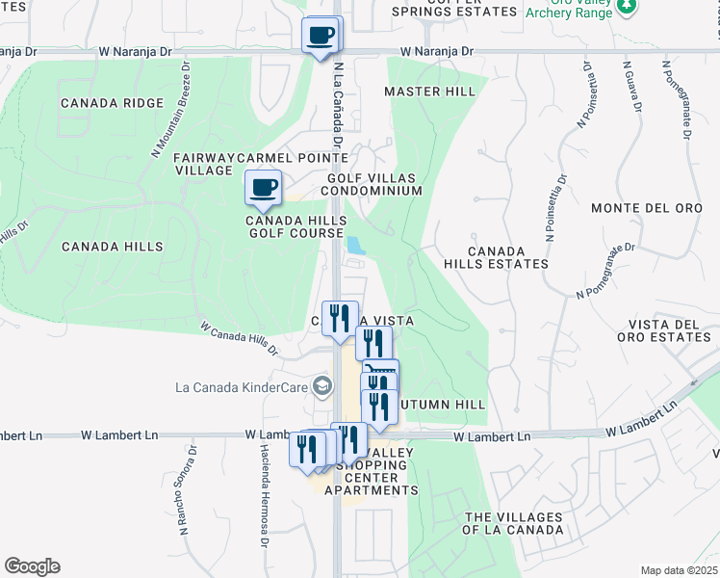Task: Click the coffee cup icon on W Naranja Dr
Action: pyautogui.click(x=321, y=37)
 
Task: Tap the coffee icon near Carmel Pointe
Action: pyautogui.click(x=263, y=188)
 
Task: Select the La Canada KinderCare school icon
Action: pyautogui.click(x=322, y=386)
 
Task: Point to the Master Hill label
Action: pyautogui.click(x=429, y=92)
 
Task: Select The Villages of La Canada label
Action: pyautogui.click(x=513, y=523)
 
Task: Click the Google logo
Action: pyautogui.click(x=32, y=566)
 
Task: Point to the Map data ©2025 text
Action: pyautogui.click(x=679, y=570)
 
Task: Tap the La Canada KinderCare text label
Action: pyautogui.click(x=242, y=388)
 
